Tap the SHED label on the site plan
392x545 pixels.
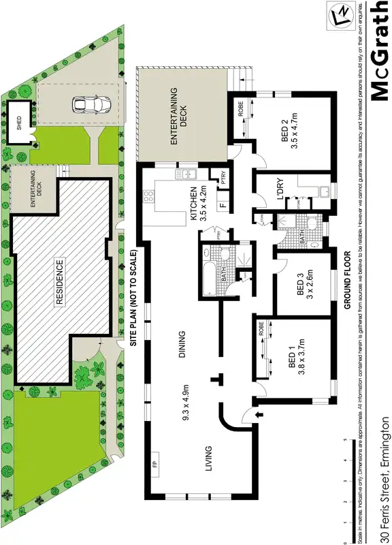(x=20, y=123)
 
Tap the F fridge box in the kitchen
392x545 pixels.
(x=222, y=204)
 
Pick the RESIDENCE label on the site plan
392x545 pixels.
(x=59, y=275)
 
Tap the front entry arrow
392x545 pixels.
(x=256, y=414)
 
